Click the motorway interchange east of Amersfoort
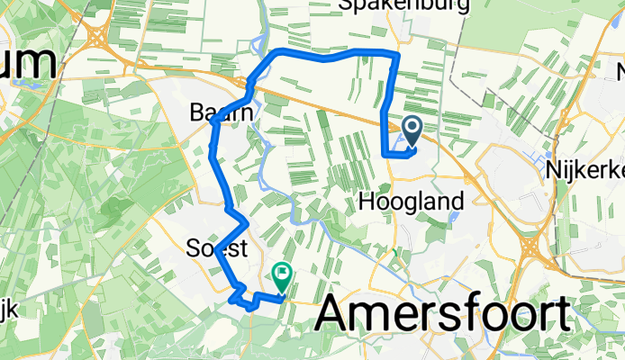coord(530,244)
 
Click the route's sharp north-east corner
coord(397,56)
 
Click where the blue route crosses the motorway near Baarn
coord(251,86)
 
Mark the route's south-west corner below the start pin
coord(386,155)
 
